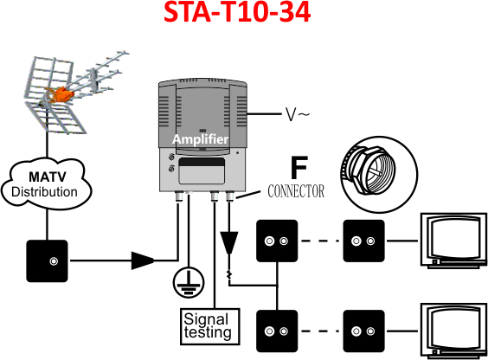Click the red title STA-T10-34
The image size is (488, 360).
(x=237, y=12)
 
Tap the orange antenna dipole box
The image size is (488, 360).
(x=60, y=93)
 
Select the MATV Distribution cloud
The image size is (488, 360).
(x=47, y=184)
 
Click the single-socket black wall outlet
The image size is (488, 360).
(x=47, y=260)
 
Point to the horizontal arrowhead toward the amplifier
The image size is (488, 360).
(x=143, y=260)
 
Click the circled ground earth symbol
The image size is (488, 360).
(x=189, y=283)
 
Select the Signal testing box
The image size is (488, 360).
(x=210, y=326)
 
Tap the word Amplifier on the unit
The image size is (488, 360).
(x=201, y=139)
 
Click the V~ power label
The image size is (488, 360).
(x=298, y=114)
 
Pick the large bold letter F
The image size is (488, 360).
(x=299, y=167)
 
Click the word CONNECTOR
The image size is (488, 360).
(x=296, y=191)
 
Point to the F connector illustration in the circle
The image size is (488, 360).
(x=379, y=175)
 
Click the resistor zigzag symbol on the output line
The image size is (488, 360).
(x=229, y=274)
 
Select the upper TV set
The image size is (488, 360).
(x=453, y=241)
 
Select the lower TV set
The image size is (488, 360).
(x=453, y=331)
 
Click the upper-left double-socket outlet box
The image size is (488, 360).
(x=277, y=241)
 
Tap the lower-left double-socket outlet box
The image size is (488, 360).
(x=277, y=331)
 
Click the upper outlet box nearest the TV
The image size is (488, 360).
(x=363, y=241)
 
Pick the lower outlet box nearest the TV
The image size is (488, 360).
(x=363, y=331)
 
